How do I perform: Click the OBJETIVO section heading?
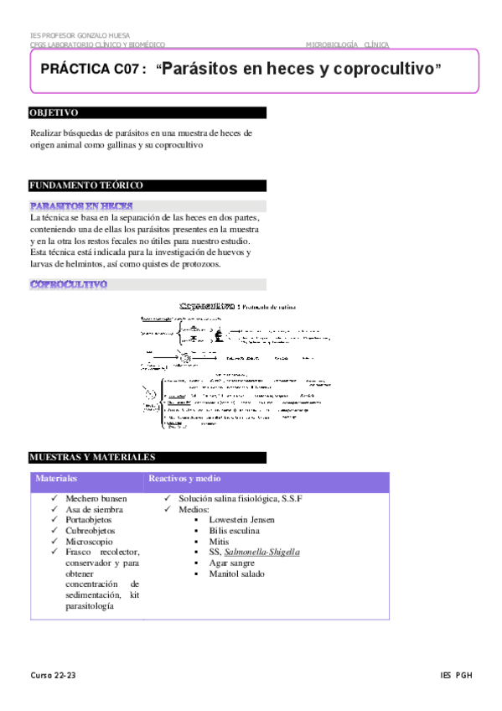click(54, 112)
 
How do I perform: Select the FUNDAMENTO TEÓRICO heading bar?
click(86, 185)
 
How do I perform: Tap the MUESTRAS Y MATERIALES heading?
click(92, 458)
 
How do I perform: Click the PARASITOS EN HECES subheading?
click(80, 206)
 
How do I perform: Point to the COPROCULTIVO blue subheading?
click(69, 284)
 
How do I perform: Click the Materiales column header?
click(56, 479)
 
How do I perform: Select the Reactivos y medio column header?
click(184, 479)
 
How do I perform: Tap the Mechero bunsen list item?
click(96, 499)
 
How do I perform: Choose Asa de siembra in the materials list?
click(95, 510)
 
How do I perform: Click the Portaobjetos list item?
click(93, 520)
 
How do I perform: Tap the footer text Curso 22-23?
click(54, 676)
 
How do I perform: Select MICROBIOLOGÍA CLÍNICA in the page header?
click(347, 44)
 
